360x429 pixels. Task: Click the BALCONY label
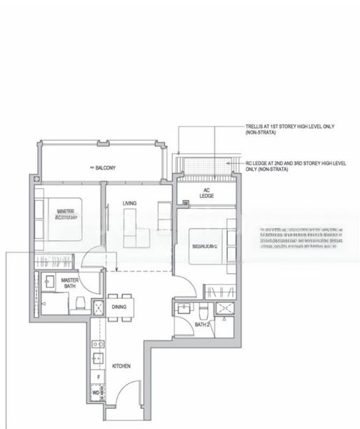coord(105,168)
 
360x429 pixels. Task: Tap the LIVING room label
coord(129,204)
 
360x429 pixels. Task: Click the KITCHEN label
coord(121,366)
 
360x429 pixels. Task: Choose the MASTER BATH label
coord(69,283)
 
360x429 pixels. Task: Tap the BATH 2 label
coord(202,325)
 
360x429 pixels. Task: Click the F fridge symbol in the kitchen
coord(96,376)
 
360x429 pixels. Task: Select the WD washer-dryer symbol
coord(96,393)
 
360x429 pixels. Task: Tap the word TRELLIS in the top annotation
coord(255,127)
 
